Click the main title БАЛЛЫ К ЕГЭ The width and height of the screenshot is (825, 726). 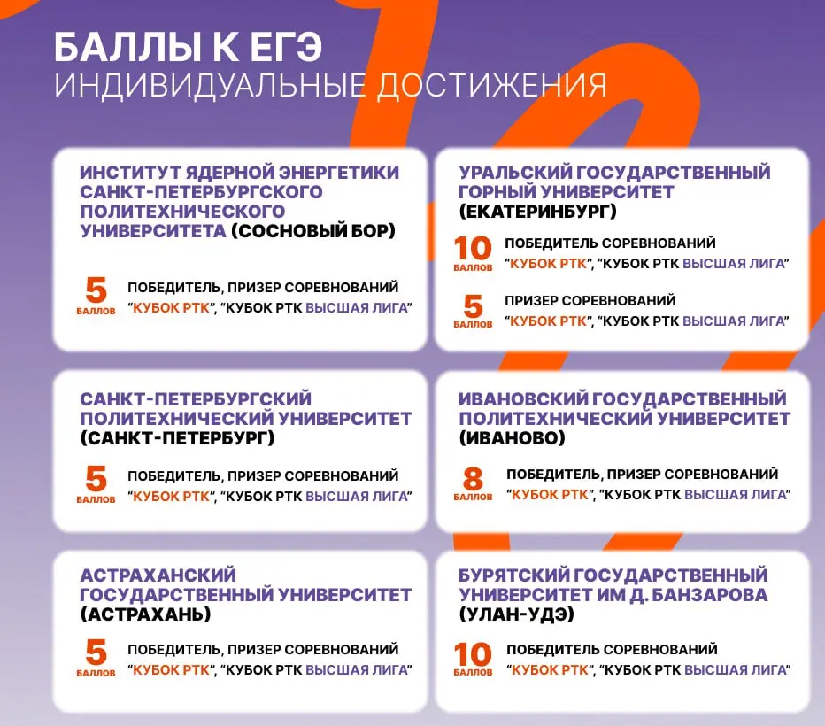coord(186,47)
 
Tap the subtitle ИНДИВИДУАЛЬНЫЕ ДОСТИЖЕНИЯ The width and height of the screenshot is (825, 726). coord(330,86)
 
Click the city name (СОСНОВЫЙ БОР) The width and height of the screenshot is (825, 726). coord(313,231)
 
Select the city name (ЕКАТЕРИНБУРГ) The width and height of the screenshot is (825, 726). coord(537,212)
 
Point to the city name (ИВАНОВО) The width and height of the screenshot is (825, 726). coord(512,437)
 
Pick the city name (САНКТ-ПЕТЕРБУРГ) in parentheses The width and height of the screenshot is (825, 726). coord(177,437)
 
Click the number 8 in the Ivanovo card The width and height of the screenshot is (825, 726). coord(473,479)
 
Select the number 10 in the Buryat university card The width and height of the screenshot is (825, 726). coord(472,654)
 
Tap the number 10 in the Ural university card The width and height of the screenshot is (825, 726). coord(472,248)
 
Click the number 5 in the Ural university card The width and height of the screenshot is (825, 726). coord(473,305)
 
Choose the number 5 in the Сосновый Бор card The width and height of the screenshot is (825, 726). coord(96,291)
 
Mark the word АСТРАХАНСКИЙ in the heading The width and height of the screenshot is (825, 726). coord(158,575)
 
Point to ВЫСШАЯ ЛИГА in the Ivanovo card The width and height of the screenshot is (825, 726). coord(736,494)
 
